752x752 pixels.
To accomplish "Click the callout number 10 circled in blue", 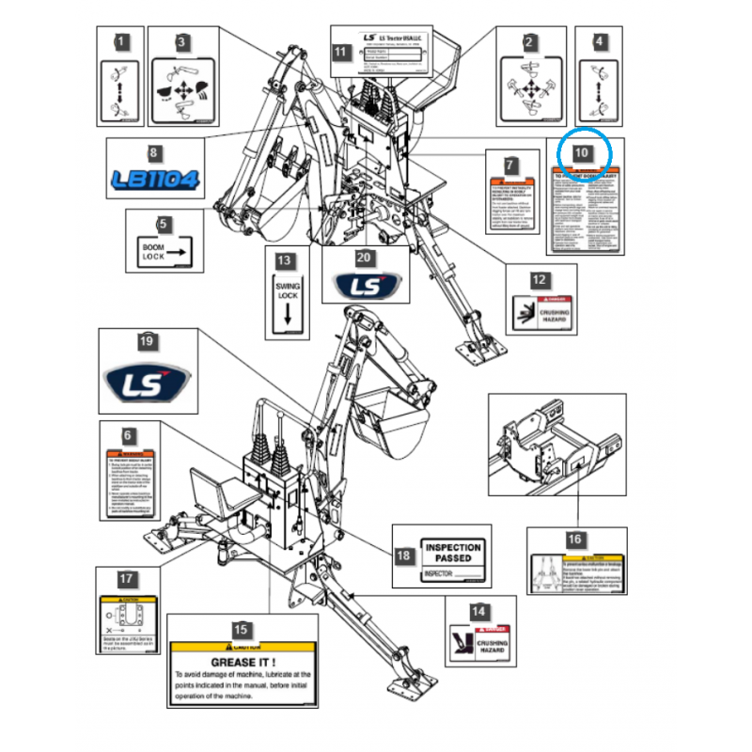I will (583, 151).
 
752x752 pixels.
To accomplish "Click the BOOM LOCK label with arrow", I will (164, 251).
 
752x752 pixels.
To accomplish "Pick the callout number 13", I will (286, 260).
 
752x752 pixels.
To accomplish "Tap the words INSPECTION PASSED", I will (453, 553).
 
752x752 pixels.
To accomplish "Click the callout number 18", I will (404, 556).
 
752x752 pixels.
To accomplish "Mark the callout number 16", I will (574, 540).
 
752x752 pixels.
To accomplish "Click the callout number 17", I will (127, 579).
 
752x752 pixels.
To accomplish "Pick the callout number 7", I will (509, 165).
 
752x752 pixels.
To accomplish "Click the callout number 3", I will (182, 41).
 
